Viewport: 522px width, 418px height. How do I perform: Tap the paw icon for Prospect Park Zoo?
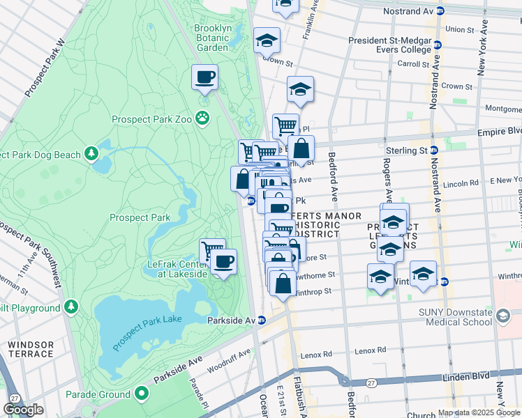click(203, 118)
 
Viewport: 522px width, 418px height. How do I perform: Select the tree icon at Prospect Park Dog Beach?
click(91, 153)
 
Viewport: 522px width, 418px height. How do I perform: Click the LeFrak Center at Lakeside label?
click(177, 269)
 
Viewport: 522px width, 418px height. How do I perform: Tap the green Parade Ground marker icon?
click(142, 394)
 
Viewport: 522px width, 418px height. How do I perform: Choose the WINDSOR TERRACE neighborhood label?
click(31, 349)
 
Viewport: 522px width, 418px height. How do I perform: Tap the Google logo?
click(24, 410)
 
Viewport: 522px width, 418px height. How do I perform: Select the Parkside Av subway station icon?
click(262, 320)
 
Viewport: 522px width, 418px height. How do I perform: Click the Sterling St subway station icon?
click(434, 150)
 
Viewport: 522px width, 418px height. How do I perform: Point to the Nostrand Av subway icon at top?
click(440, 10)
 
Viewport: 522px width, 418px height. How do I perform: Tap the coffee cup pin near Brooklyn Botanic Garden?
click(205, 77)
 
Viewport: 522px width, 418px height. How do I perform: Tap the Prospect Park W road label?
click(44, 68)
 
